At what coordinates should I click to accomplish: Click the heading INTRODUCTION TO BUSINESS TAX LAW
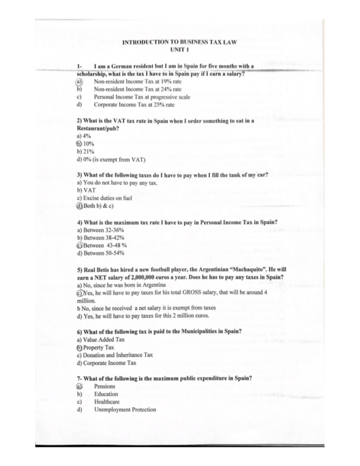tap(179, 42)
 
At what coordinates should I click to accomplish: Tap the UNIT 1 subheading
tap(179, 49)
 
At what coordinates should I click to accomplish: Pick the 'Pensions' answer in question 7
tap(104, 386)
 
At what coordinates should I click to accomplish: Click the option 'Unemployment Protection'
tap(125, 409)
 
